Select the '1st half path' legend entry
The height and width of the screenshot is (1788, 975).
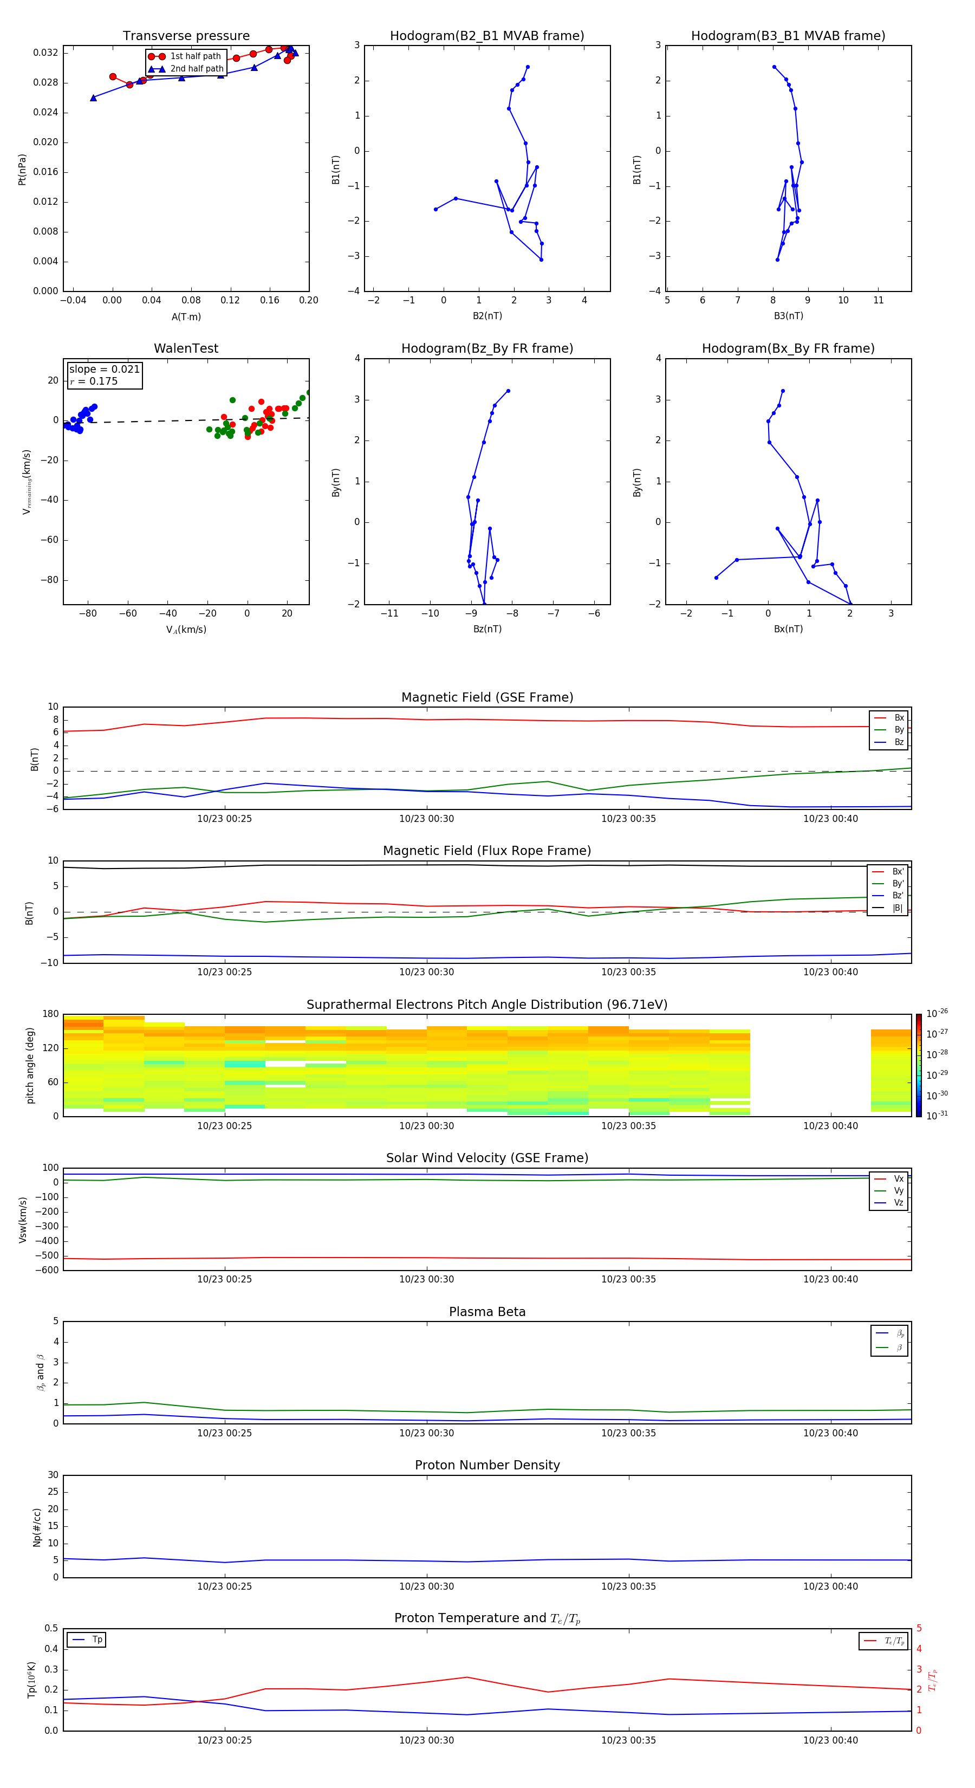[195, 56]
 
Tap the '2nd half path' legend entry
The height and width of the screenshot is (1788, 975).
[197, 69]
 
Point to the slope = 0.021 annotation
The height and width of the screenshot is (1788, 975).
[104, 370]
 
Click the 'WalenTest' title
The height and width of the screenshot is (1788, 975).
[186, 348]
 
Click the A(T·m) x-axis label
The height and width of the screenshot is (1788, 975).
[186, 316]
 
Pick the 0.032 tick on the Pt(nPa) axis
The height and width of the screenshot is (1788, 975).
[46, 53]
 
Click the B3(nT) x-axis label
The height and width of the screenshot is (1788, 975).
[788, 316]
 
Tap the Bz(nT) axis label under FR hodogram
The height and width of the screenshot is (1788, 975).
[487, 629]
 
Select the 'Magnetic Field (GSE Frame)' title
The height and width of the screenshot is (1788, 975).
[487, 697]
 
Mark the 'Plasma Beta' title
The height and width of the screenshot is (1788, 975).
[487, 1312]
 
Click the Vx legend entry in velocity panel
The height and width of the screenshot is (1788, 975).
[898, 1178]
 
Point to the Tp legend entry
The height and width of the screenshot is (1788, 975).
[97, 1640]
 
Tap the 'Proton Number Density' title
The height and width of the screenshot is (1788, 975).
[487, 1465]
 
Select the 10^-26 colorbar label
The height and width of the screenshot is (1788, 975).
[937, 1013]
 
